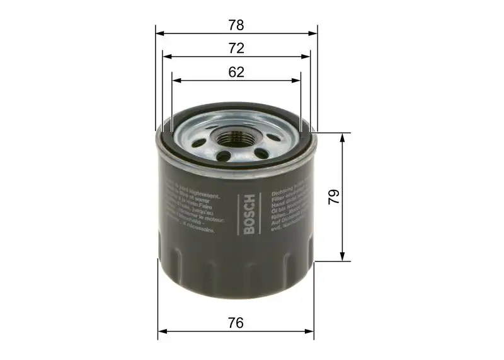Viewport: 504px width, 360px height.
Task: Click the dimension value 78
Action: [x=236, y=25]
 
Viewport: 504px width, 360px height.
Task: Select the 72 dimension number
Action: [x=236, y=49]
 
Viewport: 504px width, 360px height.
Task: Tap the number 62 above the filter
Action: [x=236, y=73]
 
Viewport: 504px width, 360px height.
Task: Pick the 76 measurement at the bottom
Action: [x=236, y=323]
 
